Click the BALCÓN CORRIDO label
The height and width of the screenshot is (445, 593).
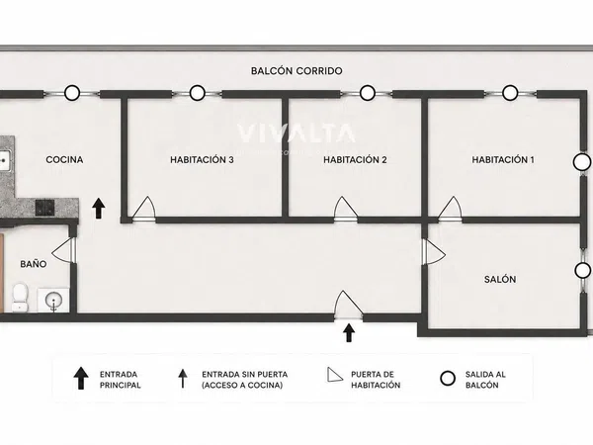point(296,71)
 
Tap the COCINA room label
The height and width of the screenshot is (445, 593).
point(64,159)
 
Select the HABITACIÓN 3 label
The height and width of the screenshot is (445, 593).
point(202,159)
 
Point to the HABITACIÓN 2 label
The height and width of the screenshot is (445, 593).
point(355,159)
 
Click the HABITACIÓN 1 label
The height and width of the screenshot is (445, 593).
point(503,159)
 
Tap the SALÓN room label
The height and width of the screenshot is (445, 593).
point(500,279)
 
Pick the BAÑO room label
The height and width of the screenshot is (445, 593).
point(34,264)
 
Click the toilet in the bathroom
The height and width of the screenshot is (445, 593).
point(20,299)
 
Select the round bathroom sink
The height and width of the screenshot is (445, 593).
point(53,301)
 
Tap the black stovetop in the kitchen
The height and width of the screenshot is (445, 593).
point(45,208)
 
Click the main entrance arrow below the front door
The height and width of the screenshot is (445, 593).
point(349,332)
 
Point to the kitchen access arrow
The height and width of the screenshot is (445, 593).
point(99,208)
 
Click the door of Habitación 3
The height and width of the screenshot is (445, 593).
point(143,209)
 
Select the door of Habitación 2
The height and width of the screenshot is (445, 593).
point(346,209)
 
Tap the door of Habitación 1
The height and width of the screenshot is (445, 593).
point(450,209)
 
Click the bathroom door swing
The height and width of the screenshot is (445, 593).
point(63,250)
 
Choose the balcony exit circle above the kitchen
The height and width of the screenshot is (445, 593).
point(72,93)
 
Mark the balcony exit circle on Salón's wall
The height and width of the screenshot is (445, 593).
point(582,271)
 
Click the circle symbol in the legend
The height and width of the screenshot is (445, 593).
point(448,379)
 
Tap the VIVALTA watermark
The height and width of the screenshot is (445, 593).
point(296,133)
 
